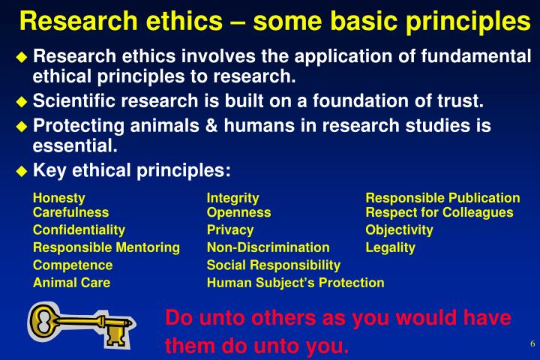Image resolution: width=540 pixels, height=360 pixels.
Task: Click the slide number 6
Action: [532, 344]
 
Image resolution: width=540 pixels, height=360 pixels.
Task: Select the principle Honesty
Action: [58, 198]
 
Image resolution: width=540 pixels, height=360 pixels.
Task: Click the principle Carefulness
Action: [70, 212]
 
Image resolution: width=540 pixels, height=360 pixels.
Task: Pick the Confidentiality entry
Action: [79, 229]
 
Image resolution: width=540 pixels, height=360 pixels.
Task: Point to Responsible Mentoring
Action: [106, 247]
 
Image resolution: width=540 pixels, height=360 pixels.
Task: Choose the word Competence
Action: [73, 265]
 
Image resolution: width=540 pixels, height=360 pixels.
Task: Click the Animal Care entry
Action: [71, 283]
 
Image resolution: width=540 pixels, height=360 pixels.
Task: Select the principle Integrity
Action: [232, 198]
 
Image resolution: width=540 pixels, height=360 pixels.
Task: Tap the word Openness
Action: [238, 212]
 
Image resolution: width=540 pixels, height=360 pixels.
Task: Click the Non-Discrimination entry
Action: [268, 247]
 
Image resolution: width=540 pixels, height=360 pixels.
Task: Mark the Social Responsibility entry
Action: [273, 265]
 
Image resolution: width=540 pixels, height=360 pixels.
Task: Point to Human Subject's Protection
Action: [295, 283]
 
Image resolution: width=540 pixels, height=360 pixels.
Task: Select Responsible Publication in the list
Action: [442, 198]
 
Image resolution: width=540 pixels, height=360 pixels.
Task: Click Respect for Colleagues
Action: [439, 212]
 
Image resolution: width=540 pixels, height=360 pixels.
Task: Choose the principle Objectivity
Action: [399, 229]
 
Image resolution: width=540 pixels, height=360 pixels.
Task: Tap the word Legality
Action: [390, 247]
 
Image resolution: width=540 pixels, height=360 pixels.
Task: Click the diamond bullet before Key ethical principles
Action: [22, 171]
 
